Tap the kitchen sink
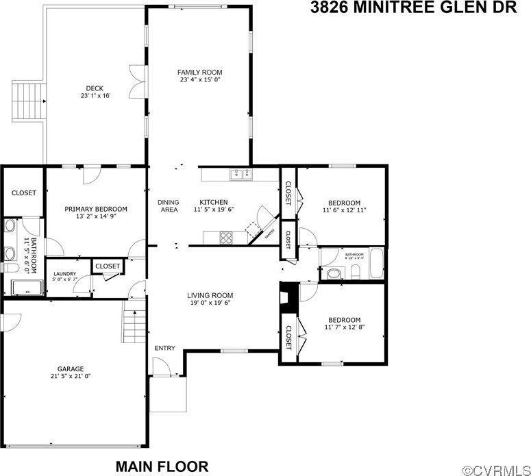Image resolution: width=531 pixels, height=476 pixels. pyautogui.click(x=240, y=174)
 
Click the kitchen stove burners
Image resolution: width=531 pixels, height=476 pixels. pyautogui.click(x=225, y=238)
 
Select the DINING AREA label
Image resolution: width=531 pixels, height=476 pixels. pyautogui.click(x=168, y=205)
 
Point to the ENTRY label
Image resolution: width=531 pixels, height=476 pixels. pyautogui.click(x=164, y=348)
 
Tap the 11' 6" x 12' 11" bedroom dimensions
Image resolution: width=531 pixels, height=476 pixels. pyautogui.click(x=344, y=211)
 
